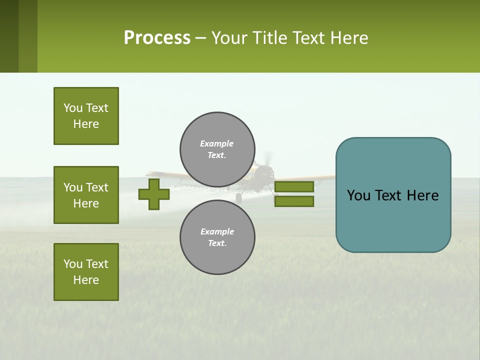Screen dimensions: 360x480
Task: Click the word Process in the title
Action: pos(157,38)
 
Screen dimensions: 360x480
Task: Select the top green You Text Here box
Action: pos(86,116)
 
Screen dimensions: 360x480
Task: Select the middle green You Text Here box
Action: pos(86,195)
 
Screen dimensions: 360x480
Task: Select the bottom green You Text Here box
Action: pos(86,272)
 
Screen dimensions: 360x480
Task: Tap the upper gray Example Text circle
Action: pos(217,149)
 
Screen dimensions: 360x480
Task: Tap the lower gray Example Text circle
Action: pos(217,237)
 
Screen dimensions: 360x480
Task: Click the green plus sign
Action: pos(153,194)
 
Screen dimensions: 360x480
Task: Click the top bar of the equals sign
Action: pos(294,186)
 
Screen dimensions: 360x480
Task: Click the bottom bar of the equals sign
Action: pos(294,201)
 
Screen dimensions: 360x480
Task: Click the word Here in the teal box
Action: pos(422,195)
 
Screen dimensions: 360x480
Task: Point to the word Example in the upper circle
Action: pos(217,144)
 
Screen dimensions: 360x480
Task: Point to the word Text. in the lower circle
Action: pos(217,243)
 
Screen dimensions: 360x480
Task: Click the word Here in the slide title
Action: pos(349,38)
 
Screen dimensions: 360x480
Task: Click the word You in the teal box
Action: pos(358,195)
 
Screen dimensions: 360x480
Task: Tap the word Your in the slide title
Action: pos(230,38)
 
